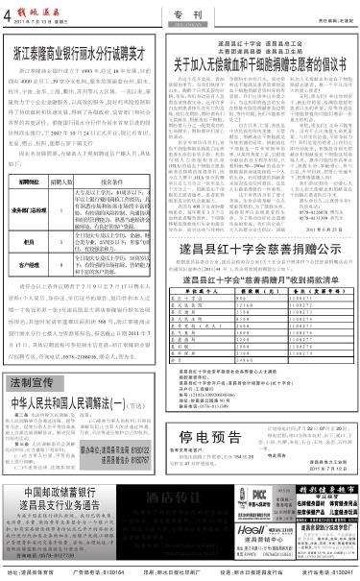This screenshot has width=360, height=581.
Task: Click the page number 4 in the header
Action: click(7, 11)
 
